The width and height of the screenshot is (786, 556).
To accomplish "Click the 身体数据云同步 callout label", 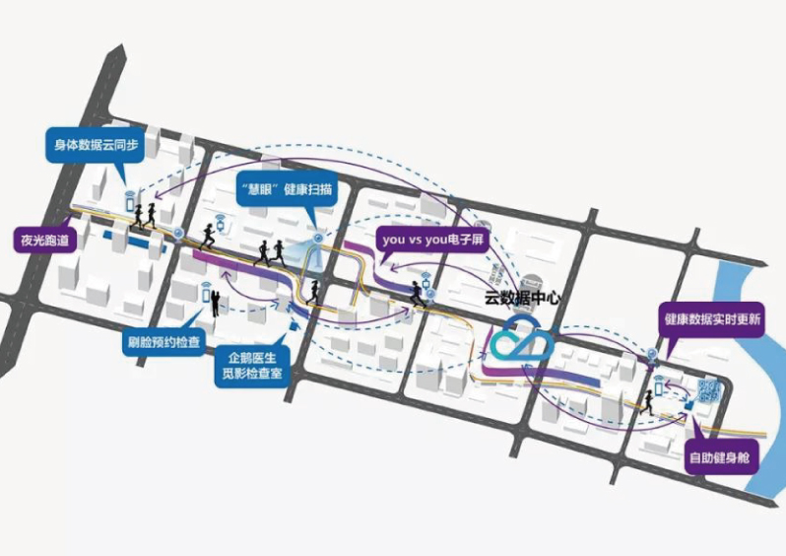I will point(93,145).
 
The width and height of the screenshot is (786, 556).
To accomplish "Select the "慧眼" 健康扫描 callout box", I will point(287,186).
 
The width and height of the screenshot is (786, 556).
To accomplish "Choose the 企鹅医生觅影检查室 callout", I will point(250,364).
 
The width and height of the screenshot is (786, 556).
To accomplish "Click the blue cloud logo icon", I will point(523,340).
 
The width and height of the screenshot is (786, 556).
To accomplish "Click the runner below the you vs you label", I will point(419,294).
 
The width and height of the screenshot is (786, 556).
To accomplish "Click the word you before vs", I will point(393,240).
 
